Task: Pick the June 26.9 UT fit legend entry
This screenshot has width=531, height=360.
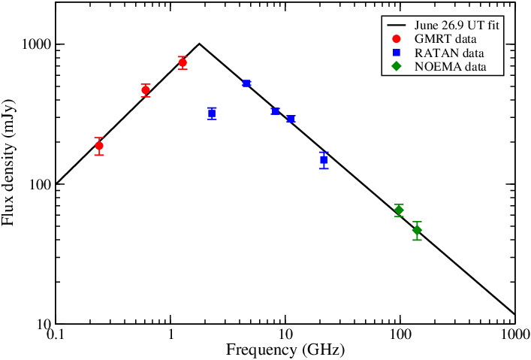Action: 457,24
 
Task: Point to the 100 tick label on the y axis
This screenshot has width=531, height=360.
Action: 39,184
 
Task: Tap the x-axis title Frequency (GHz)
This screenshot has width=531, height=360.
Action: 286,349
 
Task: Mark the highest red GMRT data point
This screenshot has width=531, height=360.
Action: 183,62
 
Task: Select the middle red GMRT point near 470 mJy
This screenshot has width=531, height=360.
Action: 146,90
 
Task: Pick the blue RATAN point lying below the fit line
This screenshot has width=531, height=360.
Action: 212,113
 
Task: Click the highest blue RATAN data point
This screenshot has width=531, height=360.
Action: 246,83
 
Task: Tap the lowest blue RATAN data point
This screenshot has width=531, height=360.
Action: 324,159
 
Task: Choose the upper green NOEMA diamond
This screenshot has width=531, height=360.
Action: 399,210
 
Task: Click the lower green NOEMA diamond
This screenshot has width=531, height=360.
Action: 417,230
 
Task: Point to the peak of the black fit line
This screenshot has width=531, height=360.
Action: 199,44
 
